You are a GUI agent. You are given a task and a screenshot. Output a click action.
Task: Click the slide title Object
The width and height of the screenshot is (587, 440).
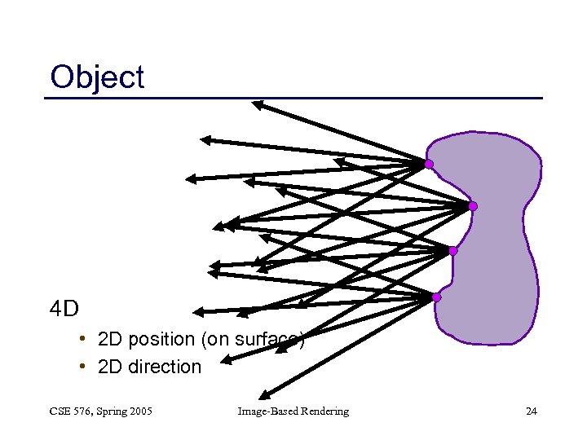point(97,77)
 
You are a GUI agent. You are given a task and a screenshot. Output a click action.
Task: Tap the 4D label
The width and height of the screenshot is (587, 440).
point(64,309)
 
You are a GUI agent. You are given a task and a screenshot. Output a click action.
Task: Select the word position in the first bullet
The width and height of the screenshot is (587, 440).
point(161,339)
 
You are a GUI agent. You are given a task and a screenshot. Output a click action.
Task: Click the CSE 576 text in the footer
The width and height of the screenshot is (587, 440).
point(69,411)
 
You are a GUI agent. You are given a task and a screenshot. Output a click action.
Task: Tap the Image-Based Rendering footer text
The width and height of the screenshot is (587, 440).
point(293,411)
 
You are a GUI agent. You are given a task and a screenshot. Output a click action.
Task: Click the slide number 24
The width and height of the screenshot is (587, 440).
point(531,411)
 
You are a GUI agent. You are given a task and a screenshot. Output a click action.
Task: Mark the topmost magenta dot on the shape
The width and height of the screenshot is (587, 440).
point(429,165)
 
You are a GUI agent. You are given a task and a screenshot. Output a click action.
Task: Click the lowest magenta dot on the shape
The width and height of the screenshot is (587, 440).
point(436,297)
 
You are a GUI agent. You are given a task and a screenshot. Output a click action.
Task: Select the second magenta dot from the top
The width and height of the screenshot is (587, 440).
point(472,206)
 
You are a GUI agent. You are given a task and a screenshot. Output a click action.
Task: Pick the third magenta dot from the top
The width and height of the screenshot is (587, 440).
point(453,251)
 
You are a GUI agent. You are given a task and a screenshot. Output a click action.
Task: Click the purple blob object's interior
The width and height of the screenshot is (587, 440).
point(497,244)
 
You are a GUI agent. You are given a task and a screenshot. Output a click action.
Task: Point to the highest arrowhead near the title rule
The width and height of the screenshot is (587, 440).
point(258,103)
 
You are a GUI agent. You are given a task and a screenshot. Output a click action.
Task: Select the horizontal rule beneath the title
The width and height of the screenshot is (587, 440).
point(293,99)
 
